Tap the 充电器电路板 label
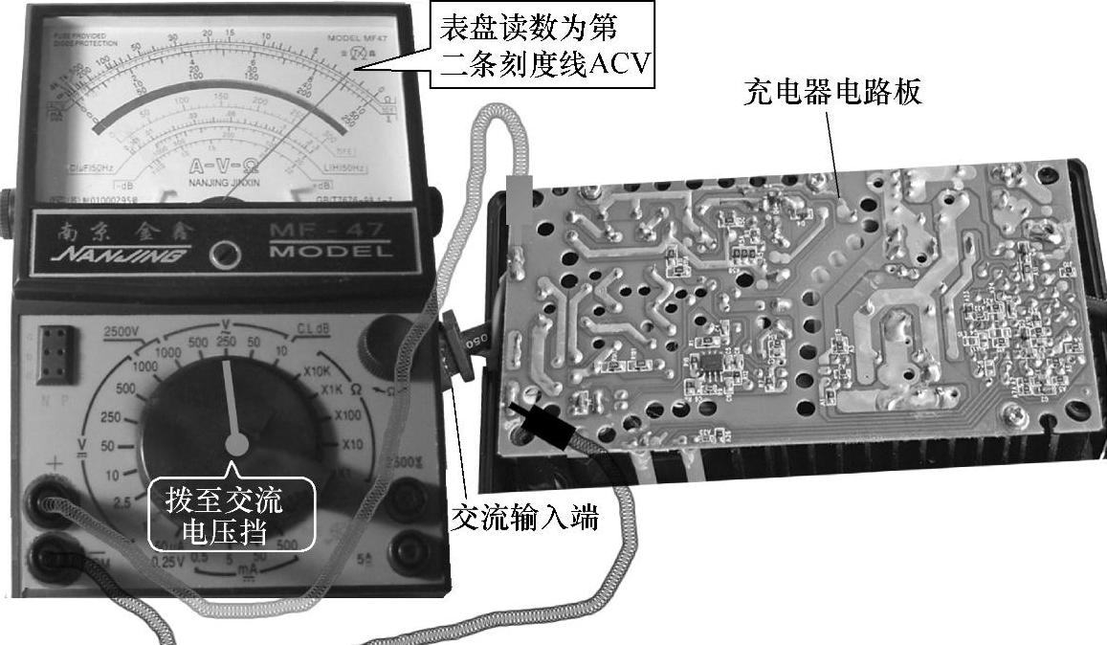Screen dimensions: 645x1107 click(833, 94)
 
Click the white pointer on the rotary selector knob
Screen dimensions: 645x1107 click(231, 403)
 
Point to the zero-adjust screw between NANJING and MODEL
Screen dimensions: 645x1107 click(226, 254)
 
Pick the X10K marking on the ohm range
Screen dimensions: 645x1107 click(320, 370)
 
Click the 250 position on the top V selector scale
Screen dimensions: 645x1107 click(228, 343)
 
